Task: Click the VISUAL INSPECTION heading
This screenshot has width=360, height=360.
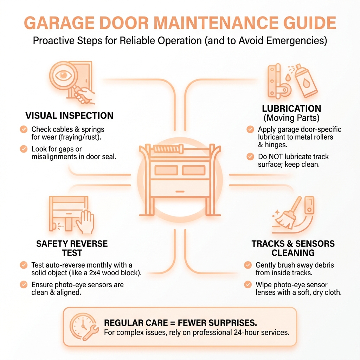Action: [x=69, y=115]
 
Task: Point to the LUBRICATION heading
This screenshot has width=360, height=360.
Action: [x=291, y=109]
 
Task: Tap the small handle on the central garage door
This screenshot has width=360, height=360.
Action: [x=180, y=192]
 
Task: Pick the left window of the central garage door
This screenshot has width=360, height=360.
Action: [x=166, y=171]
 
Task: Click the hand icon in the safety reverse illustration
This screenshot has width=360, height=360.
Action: [x=85, y=221]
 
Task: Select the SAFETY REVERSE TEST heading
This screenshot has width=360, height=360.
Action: [x=72, y=248]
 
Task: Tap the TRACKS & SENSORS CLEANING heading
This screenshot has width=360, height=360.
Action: [x=293, y=248]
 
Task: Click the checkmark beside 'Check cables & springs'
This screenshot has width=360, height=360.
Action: [x=24, y=129]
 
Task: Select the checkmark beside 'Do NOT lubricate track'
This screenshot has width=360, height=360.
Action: [x=250, y=156]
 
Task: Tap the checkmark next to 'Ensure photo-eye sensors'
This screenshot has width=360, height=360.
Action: [x=24, y=284]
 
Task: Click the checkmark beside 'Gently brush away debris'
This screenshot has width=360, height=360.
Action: [x=248, y=265]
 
